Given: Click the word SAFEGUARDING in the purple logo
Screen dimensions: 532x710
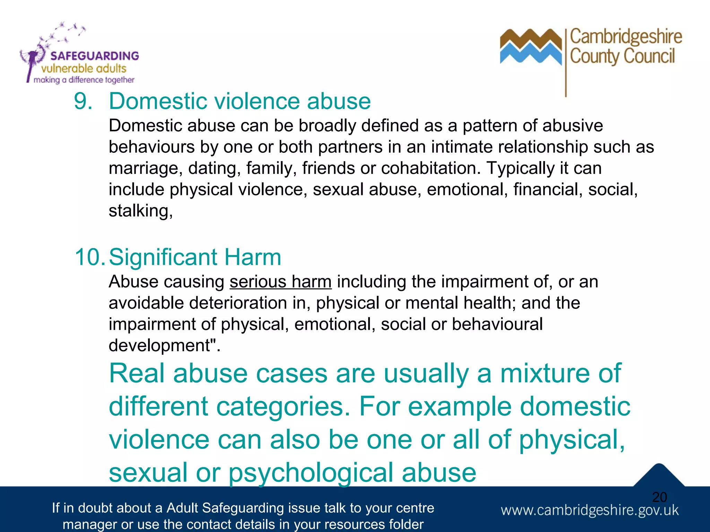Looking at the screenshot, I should tap(94, 56).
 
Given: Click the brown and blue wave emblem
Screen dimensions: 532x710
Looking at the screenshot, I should tap(530, 47).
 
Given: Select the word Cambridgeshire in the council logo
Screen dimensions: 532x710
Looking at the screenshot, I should tap(626, 37).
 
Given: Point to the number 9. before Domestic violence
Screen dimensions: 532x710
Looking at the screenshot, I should tap(83, 101).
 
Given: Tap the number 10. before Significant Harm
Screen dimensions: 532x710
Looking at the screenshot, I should tap(89, 257).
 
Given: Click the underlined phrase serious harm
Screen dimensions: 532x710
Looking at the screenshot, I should tap(280, 282).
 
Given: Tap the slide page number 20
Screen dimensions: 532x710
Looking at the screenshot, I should tap(659, 497).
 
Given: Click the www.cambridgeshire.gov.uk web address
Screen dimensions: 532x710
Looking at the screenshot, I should tap(590, 511).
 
